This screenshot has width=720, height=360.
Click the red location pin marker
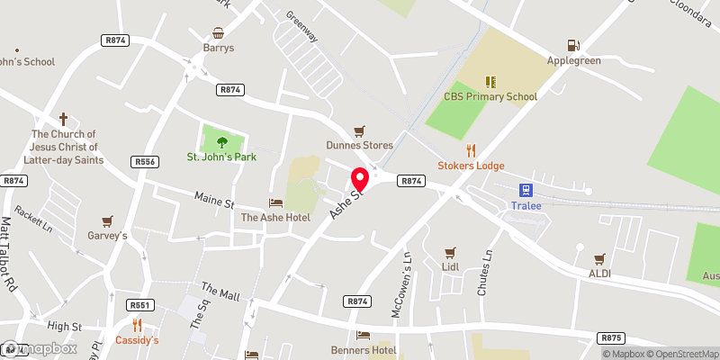point(359,178)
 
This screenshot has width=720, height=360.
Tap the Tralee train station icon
point(524,190)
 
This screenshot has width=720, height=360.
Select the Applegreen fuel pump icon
point(571,45)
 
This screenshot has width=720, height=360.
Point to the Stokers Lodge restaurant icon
point(470,150)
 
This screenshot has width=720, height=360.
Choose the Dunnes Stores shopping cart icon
point(360,130)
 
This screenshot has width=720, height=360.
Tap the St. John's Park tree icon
point(221,141)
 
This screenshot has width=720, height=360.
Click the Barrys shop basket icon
point(218,32)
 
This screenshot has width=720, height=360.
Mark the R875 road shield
point(611,338)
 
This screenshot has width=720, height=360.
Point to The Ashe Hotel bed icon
point(275,202)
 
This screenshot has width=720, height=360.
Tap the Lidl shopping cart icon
point(451,253)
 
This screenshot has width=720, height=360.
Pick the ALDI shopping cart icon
point(599,257)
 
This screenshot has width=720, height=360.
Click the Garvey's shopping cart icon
point(107,220)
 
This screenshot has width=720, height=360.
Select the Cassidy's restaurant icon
point(137,325)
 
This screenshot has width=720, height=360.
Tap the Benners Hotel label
point(389,348)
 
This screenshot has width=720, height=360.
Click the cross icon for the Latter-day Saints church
point(63,119)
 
